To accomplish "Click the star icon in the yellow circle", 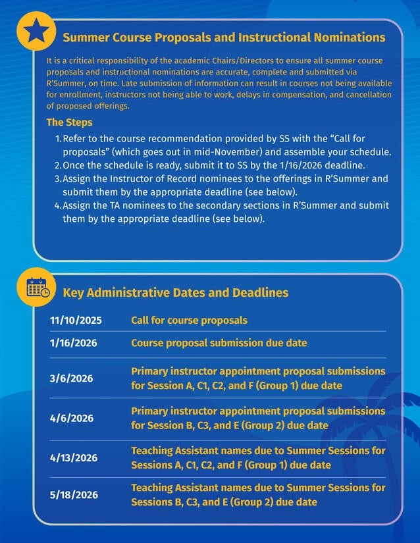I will click(x=36, y=31).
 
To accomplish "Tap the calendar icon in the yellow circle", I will click(x=36, y=287).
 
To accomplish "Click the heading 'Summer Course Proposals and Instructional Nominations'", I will click(x=224, y=38).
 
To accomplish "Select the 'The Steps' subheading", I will click(x=69, y=122).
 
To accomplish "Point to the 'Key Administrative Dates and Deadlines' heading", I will click(x=175, y=292).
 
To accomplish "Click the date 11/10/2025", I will click(x=76, y=321).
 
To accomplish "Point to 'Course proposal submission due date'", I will click(x=219, y=343).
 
